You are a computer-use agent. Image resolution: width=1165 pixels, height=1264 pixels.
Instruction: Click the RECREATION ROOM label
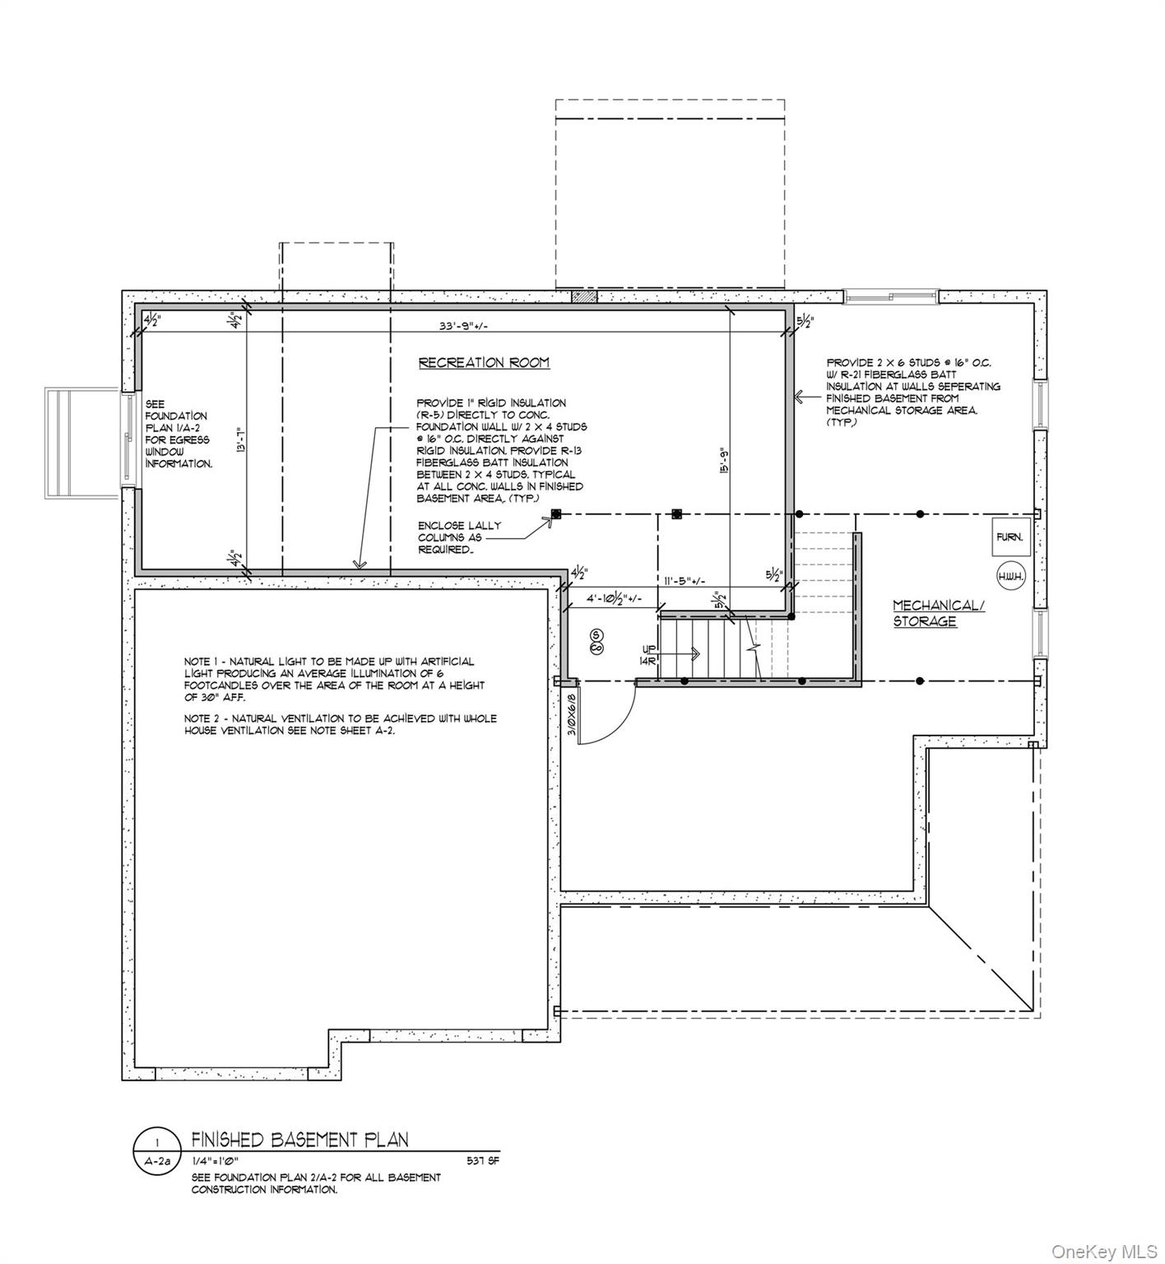[x=484, y=363]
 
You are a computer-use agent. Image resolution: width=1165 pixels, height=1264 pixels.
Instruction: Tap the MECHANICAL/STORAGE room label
[x=938, y=613]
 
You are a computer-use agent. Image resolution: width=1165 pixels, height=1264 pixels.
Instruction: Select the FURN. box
[x=1009, y=537]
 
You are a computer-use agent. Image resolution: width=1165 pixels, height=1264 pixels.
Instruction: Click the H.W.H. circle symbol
[x=1010, y=576]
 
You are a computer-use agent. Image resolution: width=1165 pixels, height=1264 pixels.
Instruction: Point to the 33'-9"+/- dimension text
[x=462, y=325]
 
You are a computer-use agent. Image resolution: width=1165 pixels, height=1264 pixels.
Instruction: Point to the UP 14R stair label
[x=648, y=654]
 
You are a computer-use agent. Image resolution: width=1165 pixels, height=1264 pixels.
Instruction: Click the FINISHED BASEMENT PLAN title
[x=299, y=1139]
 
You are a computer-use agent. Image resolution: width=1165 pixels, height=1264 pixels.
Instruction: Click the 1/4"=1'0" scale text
[x=216, y=1161]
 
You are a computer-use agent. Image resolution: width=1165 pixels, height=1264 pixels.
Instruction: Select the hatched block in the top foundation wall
[x=583, y=296]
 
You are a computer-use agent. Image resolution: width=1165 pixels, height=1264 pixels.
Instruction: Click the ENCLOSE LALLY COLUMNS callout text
[x=459, y=537]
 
